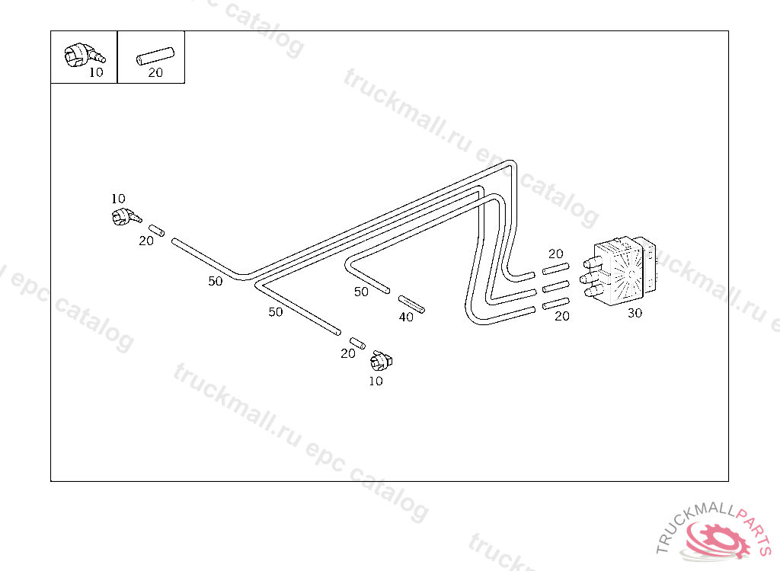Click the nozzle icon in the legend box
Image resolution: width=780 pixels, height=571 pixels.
tap(82, 53)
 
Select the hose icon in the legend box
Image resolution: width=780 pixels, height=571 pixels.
tap(155, 56)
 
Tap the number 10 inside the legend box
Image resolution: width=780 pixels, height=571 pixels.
tap(96, 73)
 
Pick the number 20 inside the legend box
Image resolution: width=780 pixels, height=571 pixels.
tap(155, 73)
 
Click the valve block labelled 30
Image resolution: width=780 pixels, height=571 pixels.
tap(623, 271)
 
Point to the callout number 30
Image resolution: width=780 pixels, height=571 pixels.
tap(635, 313)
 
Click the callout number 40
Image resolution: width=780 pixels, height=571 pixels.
tap(407, 317)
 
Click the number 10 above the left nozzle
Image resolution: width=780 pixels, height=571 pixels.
tap(118, 199)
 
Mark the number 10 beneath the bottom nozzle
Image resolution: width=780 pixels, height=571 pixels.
tap(376, 381)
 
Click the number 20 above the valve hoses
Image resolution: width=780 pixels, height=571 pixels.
tap(556, 254)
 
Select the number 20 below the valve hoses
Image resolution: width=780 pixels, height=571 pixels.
tap(562, 316)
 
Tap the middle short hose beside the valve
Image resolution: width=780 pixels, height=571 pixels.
tap(556, 287)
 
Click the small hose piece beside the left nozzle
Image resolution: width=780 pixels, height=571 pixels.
tap(157, 230)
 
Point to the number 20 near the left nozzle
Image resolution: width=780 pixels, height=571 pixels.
tap(146, 241)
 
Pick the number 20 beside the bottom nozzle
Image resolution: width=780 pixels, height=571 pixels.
tap(348, 353)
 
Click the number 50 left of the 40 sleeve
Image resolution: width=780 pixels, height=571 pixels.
tap(361, 292)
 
